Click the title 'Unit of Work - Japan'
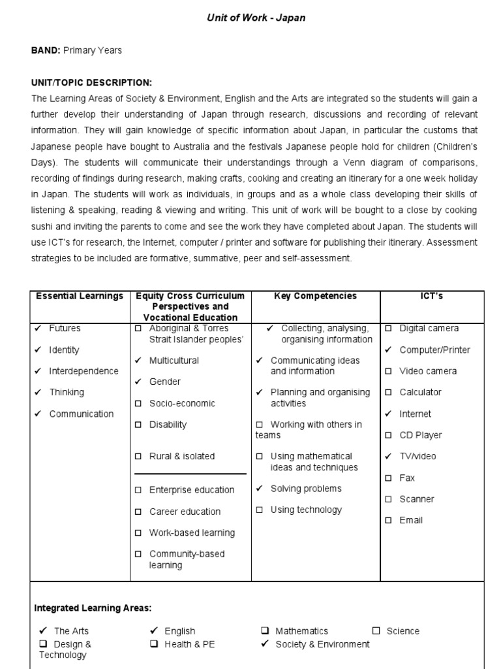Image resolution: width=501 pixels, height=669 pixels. [x=256, y=18]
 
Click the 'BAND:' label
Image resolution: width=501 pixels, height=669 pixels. [x=46, y=50]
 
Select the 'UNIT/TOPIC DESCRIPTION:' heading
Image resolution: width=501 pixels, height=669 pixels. [x=91, y=83]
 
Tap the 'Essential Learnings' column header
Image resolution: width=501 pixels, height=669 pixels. [x=80, y=296]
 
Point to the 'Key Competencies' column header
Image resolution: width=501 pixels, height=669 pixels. [x=316, y=296]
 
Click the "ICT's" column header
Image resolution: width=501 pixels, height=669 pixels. [x=432, y=296]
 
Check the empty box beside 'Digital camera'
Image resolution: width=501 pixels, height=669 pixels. [x=389, y=329]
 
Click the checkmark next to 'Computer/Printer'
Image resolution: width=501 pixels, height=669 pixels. [x=389, y=350]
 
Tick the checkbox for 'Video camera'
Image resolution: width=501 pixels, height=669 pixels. [x=389, y=371]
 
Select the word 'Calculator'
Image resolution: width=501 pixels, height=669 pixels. [x=420, y=393]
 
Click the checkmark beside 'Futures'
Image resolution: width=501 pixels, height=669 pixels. [x=38, y=328]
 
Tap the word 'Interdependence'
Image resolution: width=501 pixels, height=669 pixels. [x=83, y=371]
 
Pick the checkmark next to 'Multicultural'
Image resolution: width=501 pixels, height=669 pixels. [x=138, y=360]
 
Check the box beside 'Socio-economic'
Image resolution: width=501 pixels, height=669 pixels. [x=138, y=403]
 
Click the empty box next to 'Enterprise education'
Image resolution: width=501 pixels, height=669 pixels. [x=138, y=490]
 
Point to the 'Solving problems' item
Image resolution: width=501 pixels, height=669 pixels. [x=305, y=489]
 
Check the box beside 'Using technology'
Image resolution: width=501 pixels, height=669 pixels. [x=260, y=510]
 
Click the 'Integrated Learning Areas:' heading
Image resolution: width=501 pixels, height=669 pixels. [x=93, y=608]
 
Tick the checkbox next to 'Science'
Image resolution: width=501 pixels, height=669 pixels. [x=376, y=631]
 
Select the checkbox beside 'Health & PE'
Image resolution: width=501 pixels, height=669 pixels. [x=155, y=644]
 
